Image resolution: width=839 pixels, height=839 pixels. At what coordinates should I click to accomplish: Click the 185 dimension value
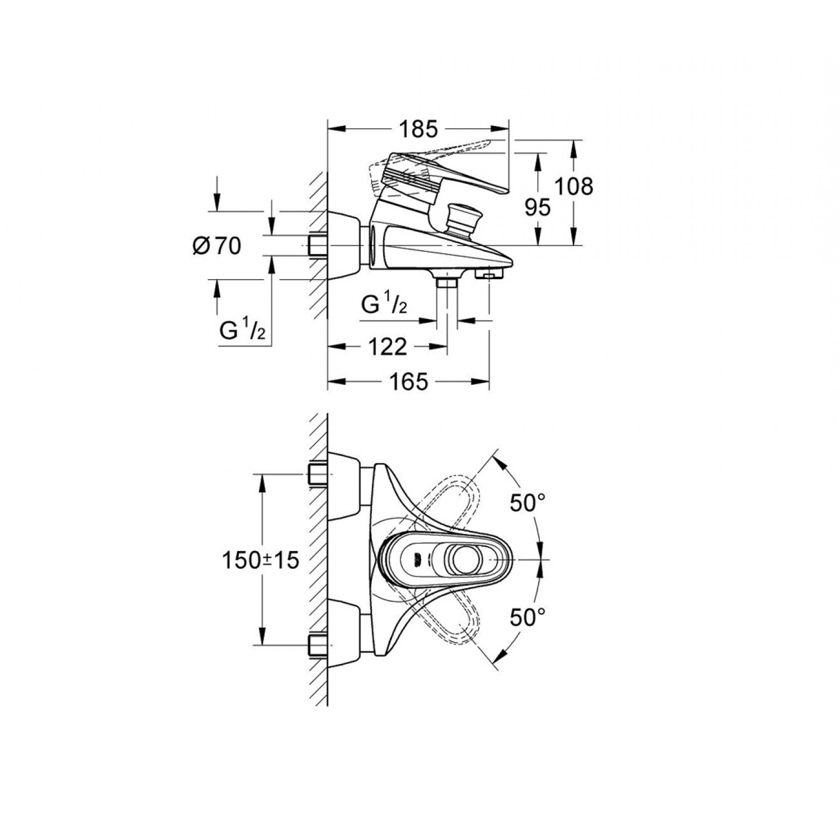(418, 129)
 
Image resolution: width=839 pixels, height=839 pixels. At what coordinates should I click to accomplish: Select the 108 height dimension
(573, 186)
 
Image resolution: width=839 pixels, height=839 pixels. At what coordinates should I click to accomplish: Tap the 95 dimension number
(538, 208)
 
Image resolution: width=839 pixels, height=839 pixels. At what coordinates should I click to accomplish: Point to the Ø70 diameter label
(217, 246)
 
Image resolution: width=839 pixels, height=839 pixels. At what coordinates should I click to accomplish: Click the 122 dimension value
(388, 347)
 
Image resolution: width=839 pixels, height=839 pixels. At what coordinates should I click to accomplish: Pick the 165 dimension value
(408, 382)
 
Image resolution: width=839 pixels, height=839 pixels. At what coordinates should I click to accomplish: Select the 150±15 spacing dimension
(261, 560)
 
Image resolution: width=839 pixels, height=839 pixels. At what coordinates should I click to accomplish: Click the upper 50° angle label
(527, 503)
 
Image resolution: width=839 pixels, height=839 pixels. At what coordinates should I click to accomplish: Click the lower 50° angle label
(527, 618)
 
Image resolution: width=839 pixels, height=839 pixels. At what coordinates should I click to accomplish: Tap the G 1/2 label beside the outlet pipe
(384, 305)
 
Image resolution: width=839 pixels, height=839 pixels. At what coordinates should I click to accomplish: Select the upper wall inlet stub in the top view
(317, 474)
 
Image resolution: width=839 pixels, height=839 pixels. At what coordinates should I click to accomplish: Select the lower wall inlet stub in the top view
(317, 645)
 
